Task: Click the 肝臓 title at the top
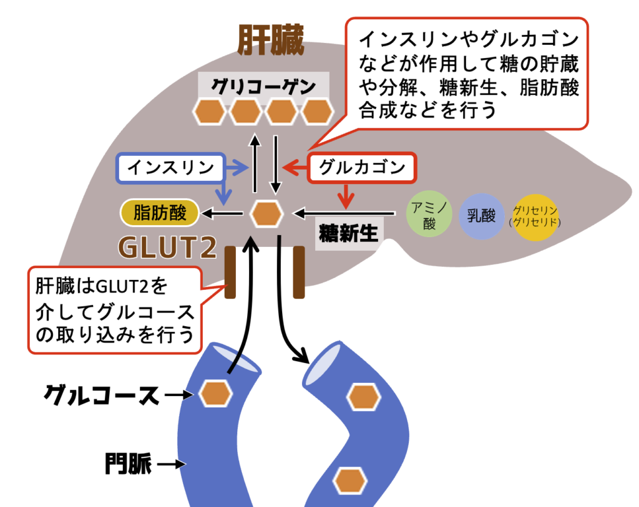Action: (x=270, y=42)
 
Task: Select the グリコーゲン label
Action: (x=263, y=85)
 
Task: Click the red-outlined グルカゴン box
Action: (x=362, y=167)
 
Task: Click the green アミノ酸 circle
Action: (x=429, y=216)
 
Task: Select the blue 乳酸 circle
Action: (x=481, y=216)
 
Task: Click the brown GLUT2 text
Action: (x=167, y=248)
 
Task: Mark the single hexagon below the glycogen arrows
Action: (x=266, y=214)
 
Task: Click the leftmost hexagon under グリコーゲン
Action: (x=209, y=112)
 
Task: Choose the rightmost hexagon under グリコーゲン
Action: (x=318, y=112)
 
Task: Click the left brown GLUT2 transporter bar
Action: (x=230, y=272)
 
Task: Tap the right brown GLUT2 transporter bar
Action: (x=299, y=272)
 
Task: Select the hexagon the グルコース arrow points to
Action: (x=215, y=393)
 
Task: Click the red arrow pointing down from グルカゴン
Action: (x=344, y=196)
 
